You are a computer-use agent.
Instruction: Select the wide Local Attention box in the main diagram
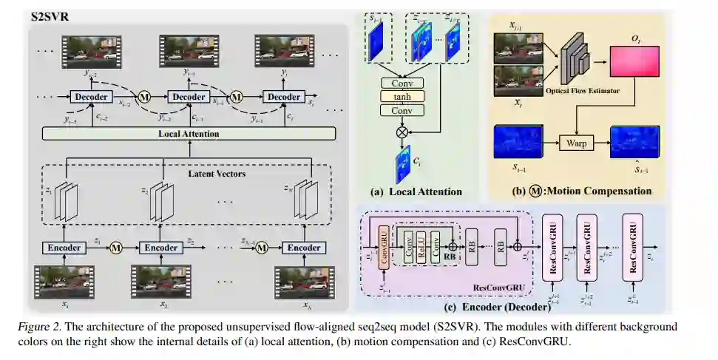189,134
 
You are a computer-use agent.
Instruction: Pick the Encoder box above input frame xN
304,248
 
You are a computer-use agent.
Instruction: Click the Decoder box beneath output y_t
284,97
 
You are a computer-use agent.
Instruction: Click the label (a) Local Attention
416,191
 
